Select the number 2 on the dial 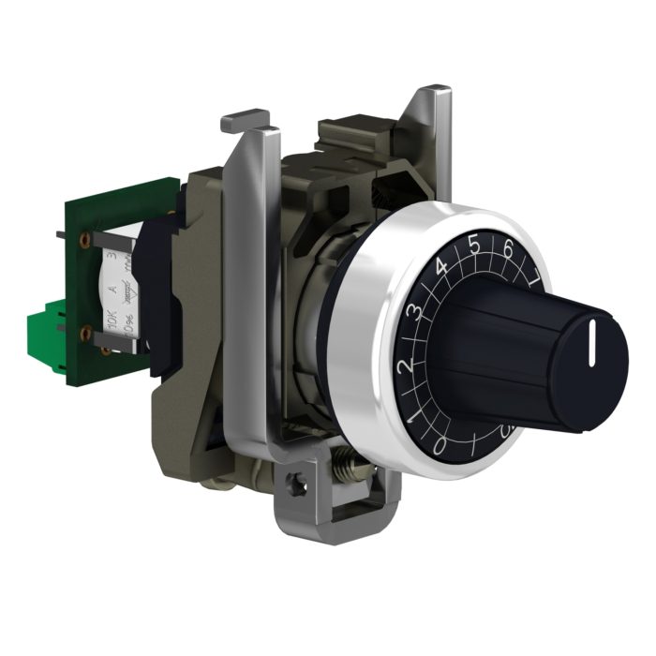click(405, 366)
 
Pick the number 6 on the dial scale click(508, 250)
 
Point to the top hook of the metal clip click(245, 121)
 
